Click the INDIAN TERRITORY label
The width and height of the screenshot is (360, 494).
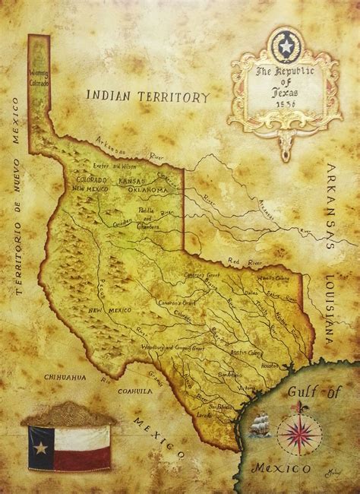[147, 97]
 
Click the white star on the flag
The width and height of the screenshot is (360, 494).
[40, 447]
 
